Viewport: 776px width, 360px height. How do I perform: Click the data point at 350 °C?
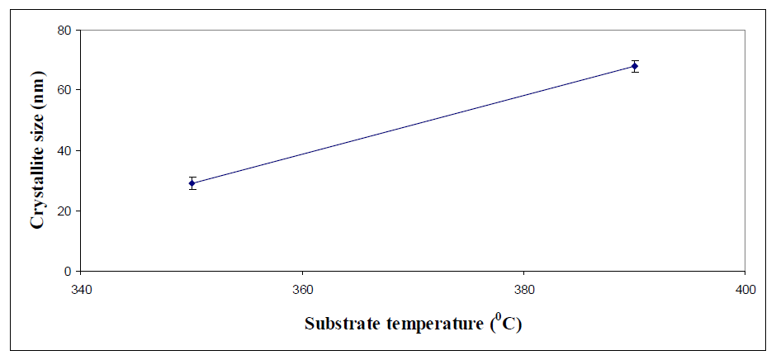[x=192, y=183]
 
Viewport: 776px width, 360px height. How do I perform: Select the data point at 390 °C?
[x=635, y=66]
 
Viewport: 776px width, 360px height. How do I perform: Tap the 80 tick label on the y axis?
[x=64, y=30]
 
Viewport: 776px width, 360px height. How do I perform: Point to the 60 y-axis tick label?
[x=64, y=90]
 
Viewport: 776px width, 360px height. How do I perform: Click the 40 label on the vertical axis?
[x=64, y=150]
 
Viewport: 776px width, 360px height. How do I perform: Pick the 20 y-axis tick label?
[x=64, y=211]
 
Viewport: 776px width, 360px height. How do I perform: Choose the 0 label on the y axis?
[x=68, y=271]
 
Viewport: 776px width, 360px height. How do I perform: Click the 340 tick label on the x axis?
[x=81, y=290]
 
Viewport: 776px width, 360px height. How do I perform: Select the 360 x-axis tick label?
[x=302, y=290]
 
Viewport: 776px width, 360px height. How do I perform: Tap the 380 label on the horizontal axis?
[x=523, y=290]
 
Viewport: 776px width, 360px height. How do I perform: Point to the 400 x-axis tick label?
[x=745, y=290]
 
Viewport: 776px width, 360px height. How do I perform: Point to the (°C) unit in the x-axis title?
[x=504, y=323]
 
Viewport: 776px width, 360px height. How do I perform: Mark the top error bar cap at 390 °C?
[x=635, y=60]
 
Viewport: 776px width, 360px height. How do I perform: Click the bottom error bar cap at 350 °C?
[x=192, y=190]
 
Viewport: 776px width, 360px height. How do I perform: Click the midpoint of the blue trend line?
[x=413, y=125]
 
